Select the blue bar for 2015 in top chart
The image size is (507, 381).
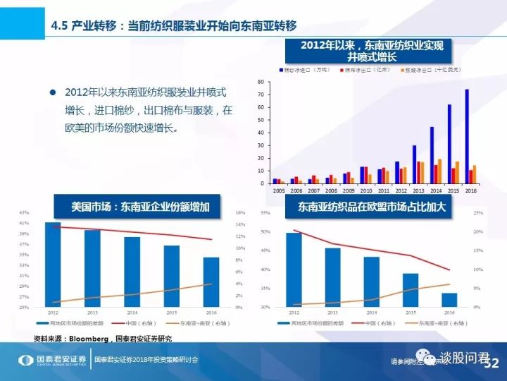(449, 145)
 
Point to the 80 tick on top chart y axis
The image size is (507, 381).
(261, 83)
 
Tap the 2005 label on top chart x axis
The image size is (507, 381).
(279, 191)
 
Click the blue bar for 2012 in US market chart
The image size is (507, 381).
(53, 265)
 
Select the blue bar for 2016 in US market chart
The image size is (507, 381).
(211, 282)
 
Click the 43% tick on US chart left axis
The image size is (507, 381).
(24, 212)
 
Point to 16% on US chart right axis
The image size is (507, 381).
(239, 212)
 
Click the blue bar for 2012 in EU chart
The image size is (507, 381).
(293, 270)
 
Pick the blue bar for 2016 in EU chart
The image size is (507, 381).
(449, 300)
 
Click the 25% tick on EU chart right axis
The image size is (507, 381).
(477, 212)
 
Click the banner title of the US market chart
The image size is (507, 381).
(136, 208)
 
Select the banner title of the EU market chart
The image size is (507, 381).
(372, 207)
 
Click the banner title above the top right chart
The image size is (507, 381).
(372, 52)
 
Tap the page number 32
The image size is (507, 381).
(490, 363)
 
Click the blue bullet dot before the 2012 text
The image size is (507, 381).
(51, 92)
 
